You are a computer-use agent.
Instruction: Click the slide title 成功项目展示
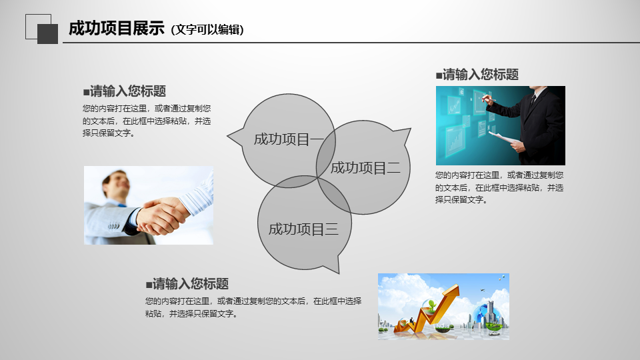coord(117,29)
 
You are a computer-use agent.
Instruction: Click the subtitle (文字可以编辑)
coord(207,30)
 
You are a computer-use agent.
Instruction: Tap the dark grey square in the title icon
coord(48,34)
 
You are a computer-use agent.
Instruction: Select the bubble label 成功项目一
coord(289,139)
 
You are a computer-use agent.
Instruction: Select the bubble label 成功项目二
coord(365,168)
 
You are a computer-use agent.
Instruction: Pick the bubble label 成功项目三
coord(303,229)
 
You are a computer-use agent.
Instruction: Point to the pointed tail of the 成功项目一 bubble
coord(228,136)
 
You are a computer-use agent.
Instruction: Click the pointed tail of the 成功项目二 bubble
coord(409,129)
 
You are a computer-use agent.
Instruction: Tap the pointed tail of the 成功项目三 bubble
coord(338,271)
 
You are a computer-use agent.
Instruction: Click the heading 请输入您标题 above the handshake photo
coord(125,91)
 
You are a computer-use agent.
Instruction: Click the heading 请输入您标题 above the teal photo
coord(477,75)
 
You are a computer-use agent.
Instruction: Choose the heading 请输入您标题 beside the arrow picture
coord(187,284)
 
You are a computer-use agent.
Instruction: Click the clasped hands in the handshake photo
coord(161,215)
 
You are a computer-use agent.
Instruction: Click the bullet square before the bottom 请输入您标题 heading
coord(149,285)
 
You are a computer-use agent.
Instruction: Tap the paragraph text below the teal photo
coord(499,187)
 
